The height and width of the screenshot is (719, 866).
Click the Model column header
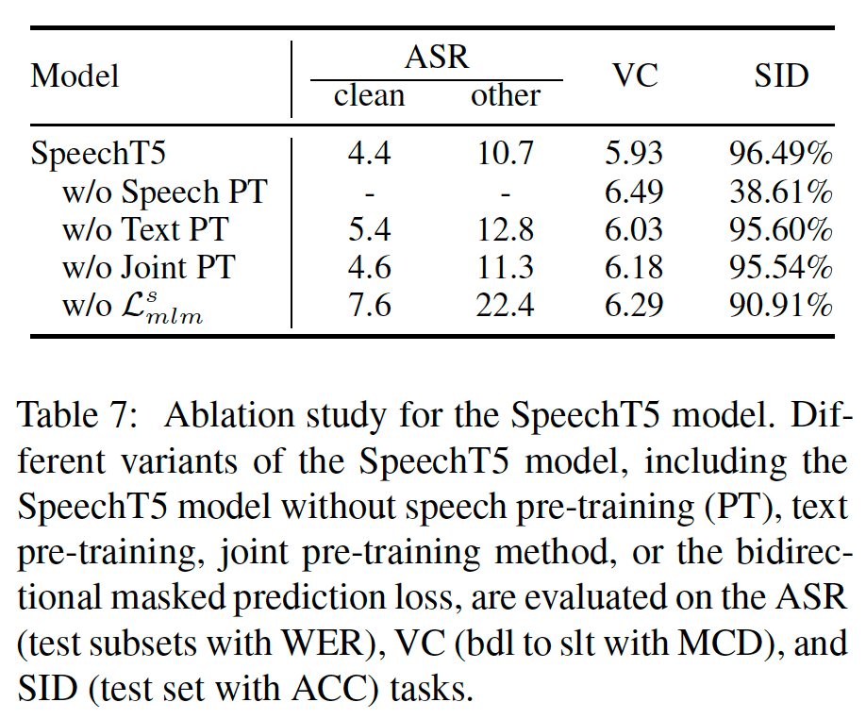click(x=75, y=75)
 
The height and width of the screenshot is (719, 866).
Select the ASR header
click(x=437, y=57)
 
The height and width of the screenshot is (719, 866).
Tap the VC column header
click(x=635, y=75)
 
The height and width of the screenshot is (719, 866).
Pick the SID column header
click(x=781, y=75)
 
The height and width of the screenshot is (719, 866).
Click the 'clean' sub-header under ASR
click(x=369, y=95)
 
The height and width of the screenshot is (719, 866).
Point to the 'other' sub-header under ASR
click(x=506, y=95)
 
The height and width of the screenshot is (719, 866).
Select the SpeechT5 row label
click(x=98, y=153)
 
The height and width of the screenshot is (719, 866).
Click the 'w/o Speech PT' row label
click(x=164, y=192)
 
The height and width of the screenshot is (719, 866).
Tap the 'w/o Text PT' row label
click(x=145, y=229)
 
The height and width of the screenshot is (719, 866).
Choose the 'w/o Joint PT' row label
click(x=148, y=267)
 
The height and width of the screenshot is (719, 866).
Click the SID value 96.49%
click(x=780, y=154)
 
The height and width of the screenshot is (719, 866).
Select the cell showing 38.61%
click(x=780, y=192)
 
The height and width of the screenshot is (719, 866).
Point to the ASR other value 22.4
click(x=505, y=306)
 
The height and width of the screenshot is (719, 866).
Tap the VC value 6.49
click(x=634, y=192)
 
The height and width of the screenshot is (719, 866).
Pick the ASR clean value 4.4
click(x=369, y=154)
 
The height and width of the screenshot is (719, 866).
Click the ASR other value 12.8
click(x=505, y=229)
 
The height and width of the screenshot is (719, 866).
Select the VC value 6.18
click(x=634, y=268)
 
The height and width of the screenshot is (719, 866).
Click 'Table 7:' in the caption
click(x=77, y=415)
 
